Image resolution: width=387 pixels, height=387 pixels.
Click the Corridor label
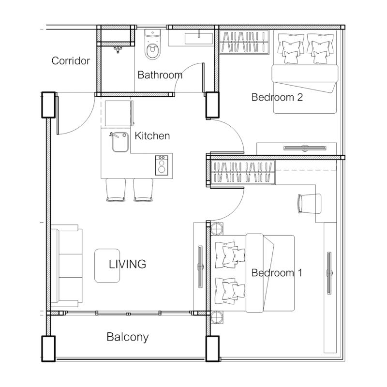click(x=71, y=61)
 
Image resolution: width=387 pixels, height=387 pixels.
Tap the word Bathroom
click(x=160, y=75)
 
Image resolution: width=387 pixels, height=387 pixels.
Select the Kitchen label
click(x=152, y=136)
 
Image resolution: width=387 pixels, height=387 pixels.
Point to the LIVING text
click(x=127, y=264)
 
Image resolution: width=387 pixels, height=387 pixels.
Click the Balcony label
click(x=128, y=337)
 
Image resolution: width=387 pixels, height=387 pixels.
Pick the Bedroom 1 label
click(x=277, y=273)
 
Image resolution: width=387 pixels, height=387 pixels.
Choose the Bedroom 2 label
click(x=277, y=97)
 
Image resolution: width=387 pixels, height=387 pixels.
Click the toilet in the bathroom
click(x=152, y=45)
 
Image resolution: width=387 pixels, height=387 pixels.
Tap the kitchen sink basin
click(x=120, y=142)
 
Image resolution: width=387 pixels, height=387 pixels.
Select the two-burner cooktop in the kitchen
click(x=162, y=165)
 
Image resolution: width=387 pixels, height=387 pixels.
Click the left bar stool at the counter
click(x=116, y=190)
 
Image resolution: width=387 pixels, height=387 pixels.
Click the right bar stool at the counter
click(x=143, y=190)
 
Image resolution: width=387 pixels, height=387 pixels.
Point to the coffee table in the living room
click(x=107, y=266)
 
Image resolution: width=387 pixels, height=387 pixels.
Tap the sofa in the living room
click(x=66, y=266)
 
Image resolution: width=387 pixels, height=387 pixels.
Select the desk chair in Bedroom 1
click(x=310, y=203)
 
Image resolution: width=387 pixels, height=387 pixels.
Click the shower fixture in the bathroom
click(x=118, y=50)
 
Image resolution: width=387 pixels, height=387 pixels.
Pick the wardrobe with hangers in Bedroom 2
click(x=244, y=42)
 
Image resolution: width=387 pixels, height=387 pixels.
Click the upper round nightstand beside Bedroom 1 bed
click(x=217, y=228)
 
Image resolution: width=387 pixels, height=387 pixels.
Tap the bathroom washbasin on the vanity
click(x=199, y=39)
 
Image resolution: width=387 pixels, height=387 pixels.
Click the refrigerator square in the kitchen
click(x=118, y=114)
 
